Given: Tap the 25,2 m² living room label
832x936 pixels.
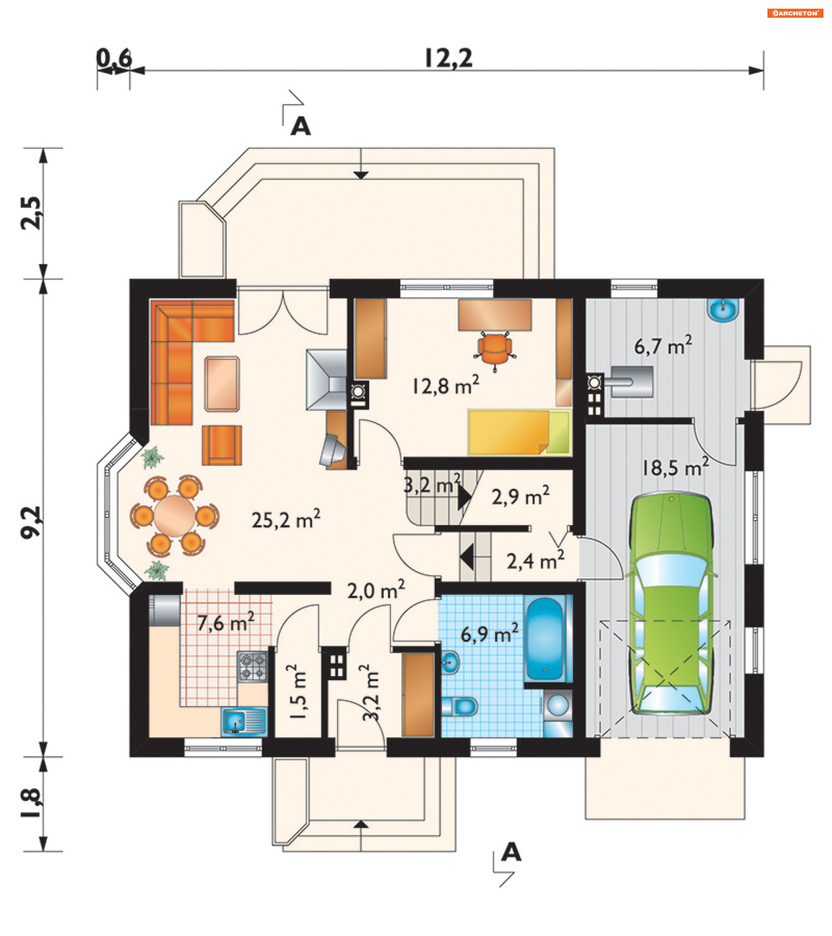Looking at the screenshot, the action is click(x=286, y=520).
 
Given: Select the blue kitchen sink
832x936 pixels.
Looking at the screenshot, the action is click(x=244, y=722).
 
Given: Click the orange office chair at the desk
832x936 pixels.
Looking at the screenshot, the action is click(x=495, y=349).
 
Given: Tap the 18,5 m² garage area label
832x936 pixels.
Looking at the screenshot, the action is click(x=676, y=468).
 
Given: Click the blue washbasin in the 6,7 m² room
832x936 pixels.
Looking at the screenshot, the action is click(x=723, y=310).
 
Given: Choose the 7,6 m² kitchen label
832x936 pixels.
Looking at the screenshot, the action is click(x=226, y=622).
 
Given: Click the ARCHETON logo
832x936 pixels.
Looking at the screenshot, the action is click(x=795, y=13).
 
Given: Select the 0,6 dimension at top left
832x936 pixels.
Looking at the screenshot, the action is click(x=114, y=58).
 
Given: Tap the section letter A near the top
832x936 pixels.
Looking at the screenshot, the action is click(x=301, y=126).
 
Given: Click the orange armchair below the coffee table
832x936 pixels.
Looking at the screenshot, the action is click(x=221, y=445).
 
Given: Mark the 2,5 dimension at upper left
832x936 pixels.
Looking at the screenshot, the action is click(x=32, y=213).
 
